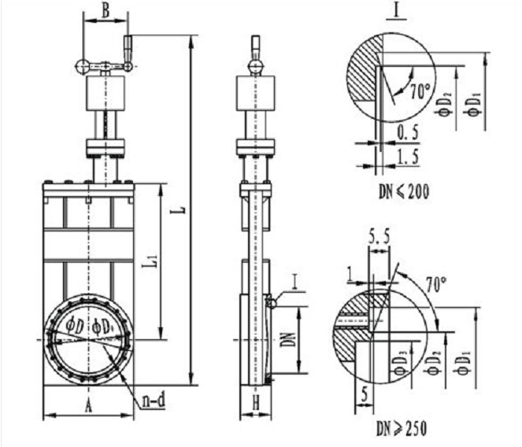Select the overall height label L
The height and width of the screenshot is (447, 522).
183,210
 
